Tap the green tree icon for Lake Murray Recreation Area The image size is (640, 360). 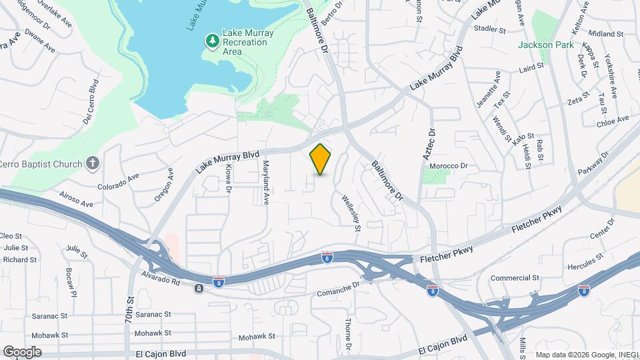tap(212, 42)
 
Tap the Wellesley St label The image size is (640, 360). tap(351, 213)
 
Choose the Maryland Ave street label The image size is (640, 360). tap(266, 182)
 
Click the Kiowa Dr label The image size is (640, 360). tap(229, 179)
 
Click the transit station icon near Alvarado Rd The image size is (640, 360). tap(199, 288)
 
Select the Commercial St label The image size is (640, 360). tap(515, 278)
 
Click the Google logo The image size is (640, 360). tap(22, 351)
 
